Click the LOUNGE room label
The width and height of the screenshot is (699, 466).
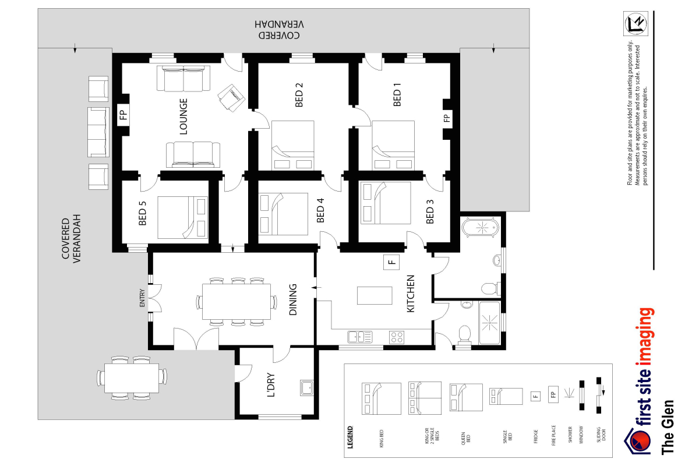pos(183,116)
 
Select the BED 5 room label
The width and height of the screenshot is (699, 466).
pos(143,213)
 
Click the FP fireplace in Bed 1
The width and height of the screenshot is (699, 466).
pos(447,118)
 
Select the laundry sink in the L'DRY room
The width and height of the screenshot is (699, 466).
pos(306,387)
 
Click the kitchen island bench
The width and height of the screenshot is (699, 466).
pos(374,295)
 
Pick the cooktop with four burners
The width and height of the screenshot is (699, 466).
pos(397,337)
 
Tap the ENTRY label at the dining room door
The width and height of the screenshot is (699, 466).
pos(142,299)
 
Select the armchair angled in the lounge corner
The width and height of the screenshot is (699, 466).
pos(231,97)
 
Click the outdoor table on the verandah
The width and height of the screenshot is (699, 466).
pos(131,377)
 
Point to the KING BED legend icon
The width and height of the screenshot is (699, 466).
pos(382,398)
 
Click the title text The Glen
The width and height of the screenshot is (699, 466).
pos(668,426)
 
